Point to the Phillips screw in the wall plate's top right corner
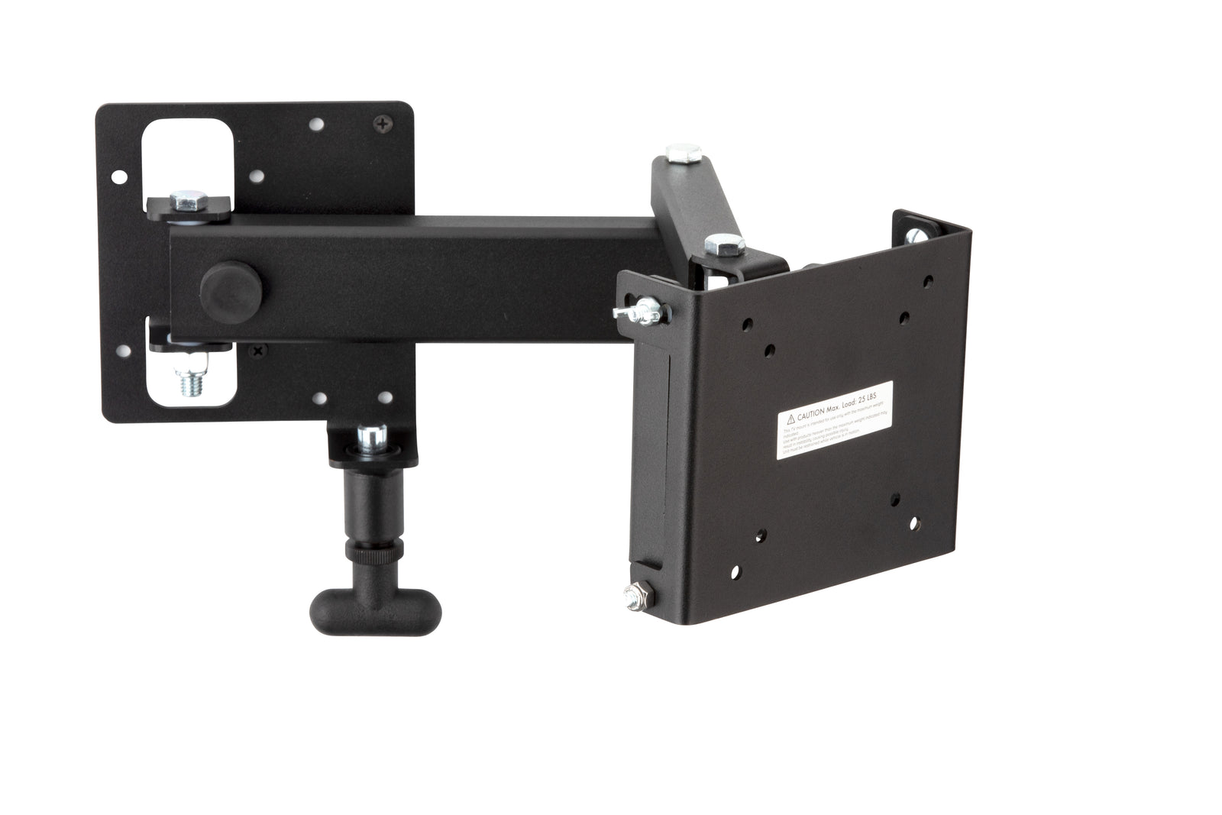[382, 121]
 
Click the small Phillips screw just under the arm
[256, 351]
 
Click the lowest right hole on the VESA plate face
[913, 524]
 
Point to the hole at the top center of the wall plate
[313, 122]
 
